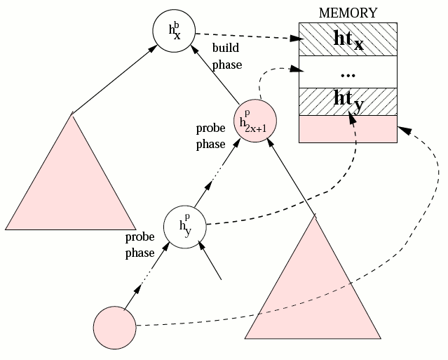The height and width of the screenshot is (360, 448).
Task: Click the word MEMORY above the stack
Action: [x=348, y=13]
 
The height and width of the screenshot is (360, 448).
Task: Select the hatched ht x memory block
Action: [x=348, y=40]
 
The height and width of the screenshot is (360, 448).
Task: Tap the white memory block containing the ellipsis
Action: [x=348, y=73]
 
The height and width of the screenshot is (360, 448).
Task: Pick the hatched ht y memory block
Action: [x=348, y=102]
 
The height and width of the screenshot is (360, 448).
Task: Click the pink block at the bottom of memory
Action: [x=348, y=129]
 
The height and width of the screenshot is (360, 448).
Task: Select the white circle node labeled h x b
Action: [x=173, y=31]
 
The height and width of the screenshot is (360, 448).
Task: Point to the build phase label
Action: [x=226, y=56]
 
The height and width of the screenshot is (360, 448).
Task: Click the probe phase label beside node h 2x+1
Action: [x=210, y=137]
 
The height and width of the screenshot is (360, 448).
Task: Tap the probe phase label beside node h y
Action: [x=140, y=244]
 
